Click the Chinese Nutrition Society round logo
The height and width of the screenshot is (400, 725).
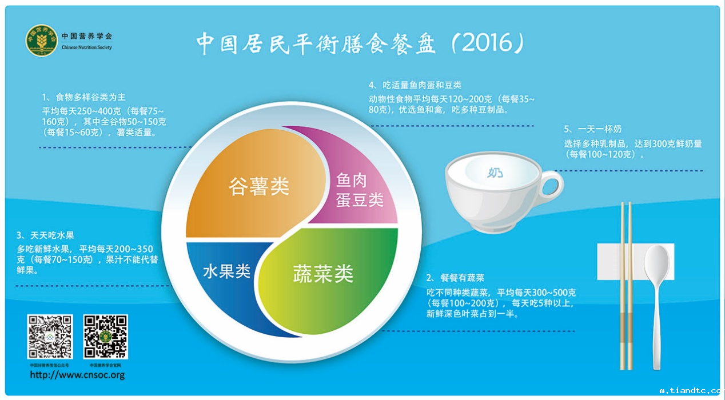42,41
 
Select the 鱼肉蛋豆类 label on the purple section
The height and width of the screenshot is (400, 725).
359,190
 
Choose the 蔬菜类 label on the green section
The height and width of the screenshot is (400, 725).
323,273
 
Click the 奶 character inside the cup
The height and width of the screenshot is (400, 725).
495,172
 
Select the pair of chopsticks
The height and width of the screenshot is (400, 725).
627,286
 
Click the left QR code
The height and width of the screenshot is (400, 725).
50,337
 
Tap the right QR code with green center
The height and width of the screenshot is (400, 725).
106,337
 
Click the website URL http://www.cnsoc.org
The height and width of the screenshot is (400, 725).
77,375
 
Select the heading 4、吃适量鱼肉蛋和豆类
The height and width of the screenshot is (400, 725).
415,86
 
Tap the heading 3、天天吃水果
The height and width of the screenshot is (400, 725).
46,235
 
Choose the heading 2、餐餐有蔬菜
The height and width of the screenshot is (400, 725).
455,278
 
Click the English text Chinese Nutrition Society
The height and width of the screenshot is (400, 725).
87,47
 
